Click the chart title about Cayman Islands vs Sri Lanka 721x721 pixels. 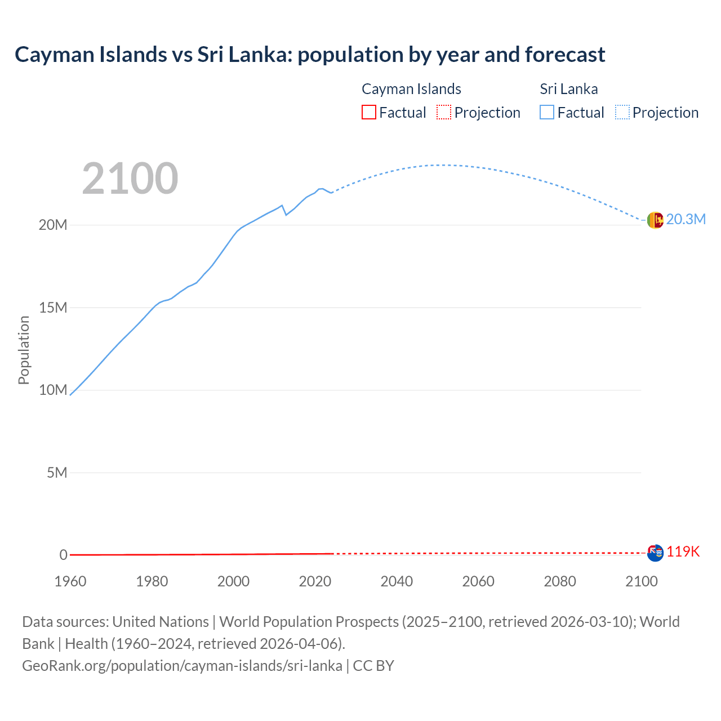pyautogui.click(x=310, y=55)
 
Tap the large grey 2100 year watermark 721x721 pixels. pyautogui.click(x=130, y=179)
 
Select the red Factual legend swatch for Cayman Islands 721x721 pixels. pyautogui.click(x=368, y=112)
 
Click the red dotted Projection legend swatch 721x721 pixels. pyautogui.click(x=444, y=112)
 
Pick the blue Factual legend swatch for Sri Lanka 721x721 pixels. pyautogui.click(x=547, y=112)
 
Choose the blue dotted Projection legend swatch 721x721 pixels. pyautogui.click(x=622, y=112)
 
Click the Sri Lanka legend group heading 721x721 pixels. pyautogui.click(x=568, y=89)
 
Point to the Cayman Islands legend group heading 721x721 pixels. pyautogui.click(x=411, y=89)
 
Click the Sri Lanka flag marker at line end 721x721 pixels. pyautogui.click(x=655, y=220)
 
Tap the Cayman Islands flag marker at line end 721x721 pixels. pyautogui.click(x=655, y=553)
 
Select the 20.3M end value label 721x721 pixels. pyautogui.click(x=686, y=220)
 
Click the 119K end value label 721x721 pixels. pyautogui.click(x=683, y=552)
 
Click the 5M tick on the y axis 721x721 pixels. pyautogui.click(x=57, y=473)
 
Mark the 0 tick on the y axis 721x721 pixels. pyautogui.click(x=63, y=555)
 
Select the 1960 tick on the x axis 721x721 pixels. pyautogui.click(x=70, y=581)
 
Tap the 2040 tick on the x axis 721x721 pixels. pyautogui.click(x=397, y=581)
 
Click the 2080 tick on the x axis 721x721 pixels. pyautogui.click(x=560, y=581)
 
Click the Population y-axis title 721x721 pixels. pyautogui.click(x=24, y=350)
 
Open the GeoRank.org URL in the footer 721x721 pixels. pyautogui.click(x=182, y=666)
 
